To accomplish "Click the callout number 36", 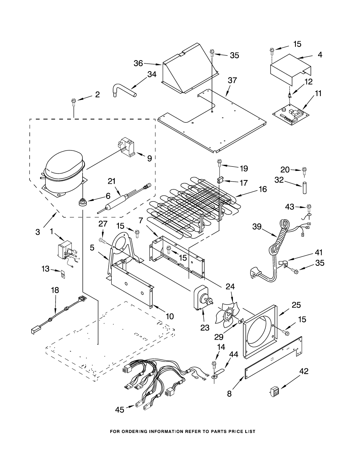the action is tap(138, 64).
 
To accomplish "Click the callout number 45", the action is tap(120, 410).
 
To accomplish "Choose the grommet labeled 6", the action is tap(82, 202).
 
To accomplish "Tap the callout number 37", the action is tap(232, 81).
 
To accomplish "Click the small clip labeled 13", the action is tap(63, 273).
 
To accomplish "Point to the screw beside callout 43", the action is tap(309, 208).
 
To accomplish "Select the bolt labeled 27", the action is tap(103, 240).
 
